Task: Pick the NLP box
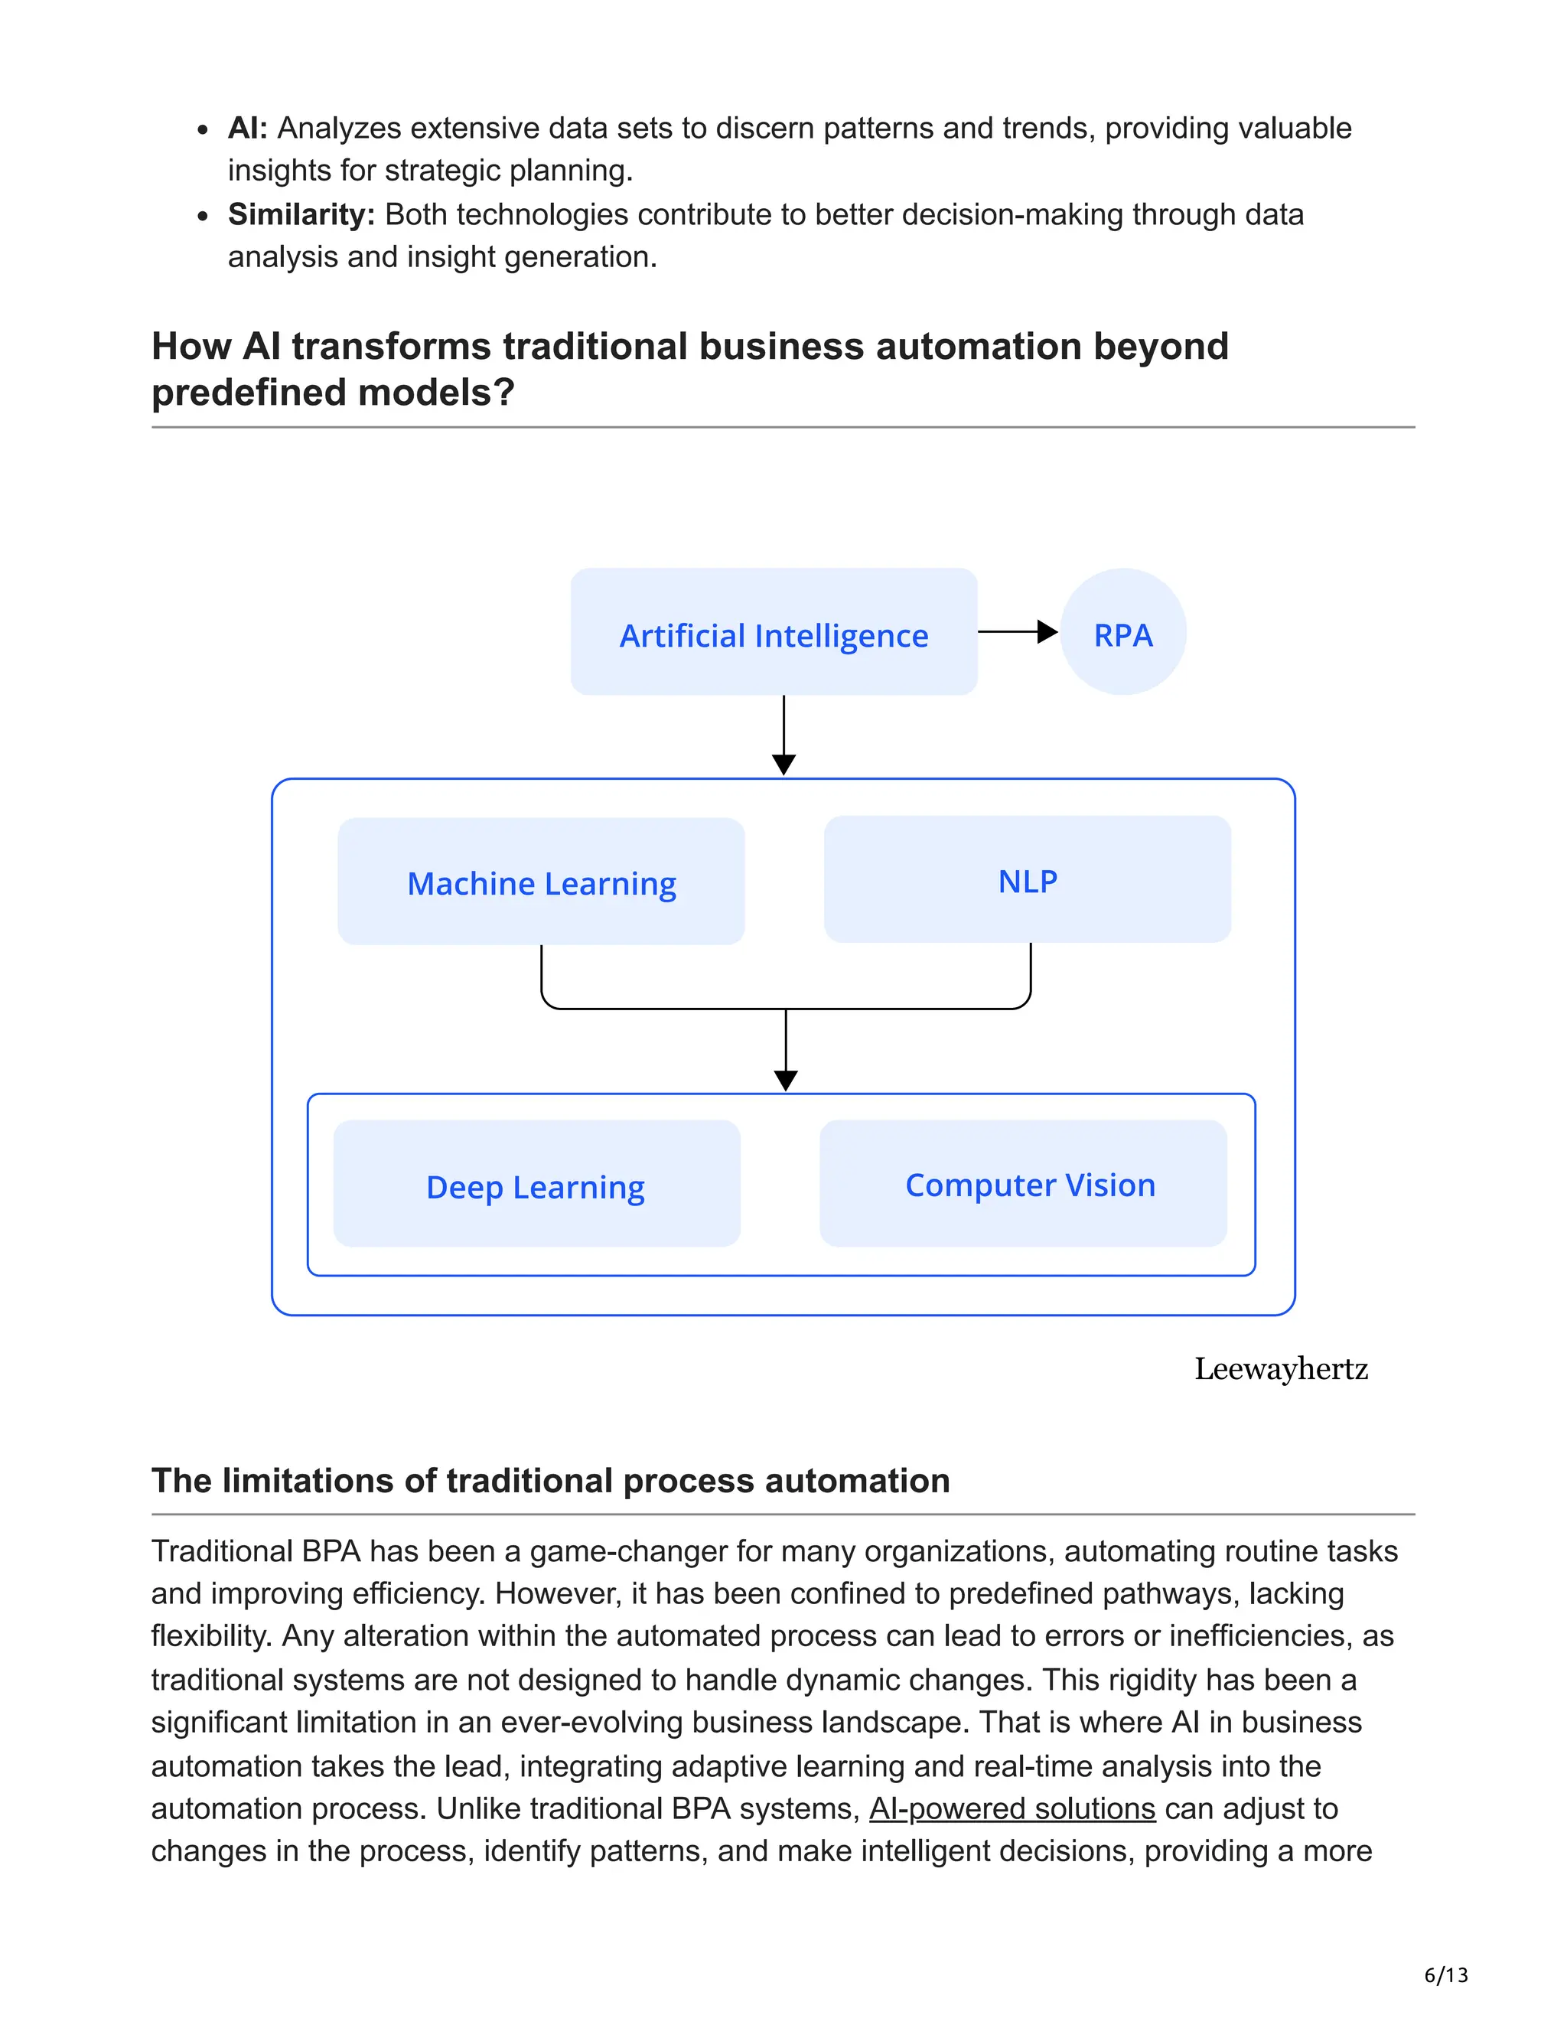tap(1027, 879)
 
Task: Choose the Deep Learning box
tap(536, 1184)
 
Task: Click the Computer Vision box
tap(1023, 1183)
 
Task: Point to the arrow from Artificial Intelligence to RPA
tap(1018, 631)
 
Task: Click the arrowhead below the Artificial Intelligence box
tap(783, 765)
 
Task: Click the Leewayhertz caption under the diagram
tap(1280, 1369)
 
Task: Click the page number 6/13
tap(1445, 1974)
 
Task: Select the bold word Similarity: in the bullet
tap(301, 214)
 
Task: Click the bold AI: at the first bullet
tap(247, 128)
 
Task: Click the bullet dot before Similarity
tap(202, 217)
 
